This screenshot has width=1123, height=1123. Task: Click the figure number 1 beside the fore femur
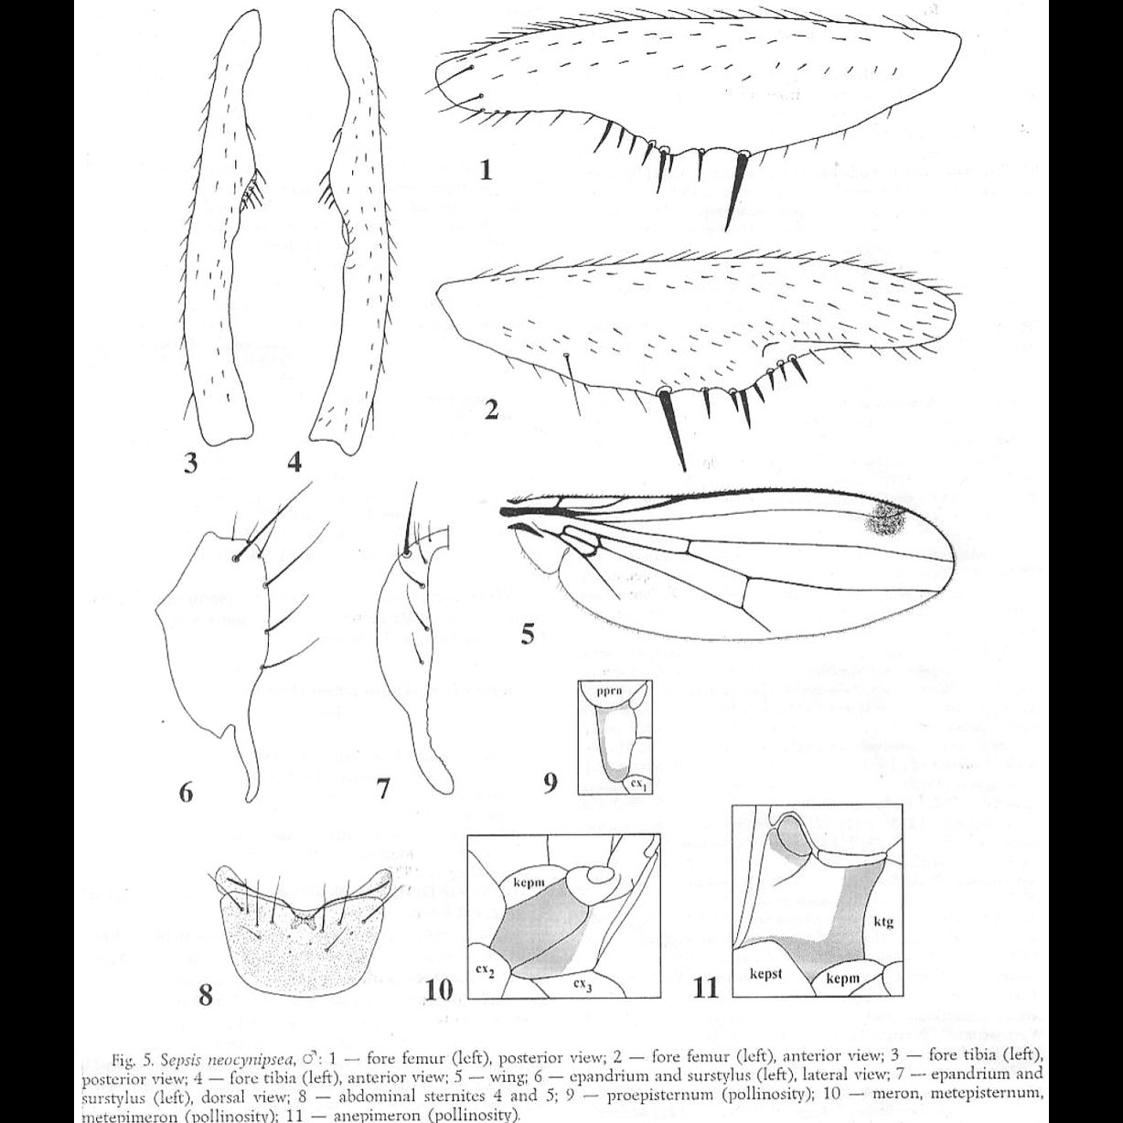point(486,170)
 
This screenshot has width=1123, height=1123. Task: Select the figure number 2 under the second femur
point(491,412)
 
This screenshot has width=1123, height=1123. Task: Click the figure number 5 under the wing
point(528,633)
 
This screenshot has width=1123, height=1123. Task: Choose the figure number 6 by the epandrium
point(186,792)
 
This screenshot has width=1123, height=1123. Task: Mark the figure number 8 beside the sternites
point(206,994)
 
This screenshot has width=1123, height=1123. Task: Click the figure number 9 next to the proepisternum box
point(551,783)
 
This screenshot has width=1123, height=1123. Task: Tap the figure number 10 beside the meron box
point(440,989)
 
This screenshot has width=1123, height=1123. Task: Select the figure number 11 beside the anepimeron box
point(706,989)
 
